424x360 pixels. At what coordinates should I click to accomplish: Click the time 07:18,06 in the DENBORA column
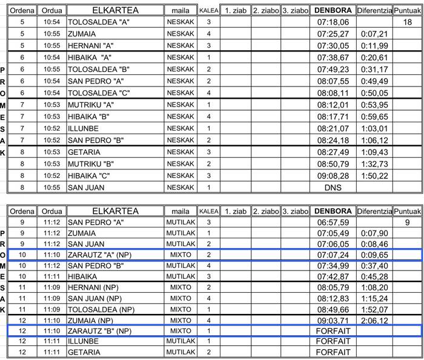click(x=333, y=22)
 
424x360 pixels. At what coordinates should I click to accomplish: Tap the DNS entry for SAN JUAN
click(x=333, y=188)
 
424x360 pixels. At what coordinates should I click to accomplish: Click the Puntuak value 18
click(x=407, y=22)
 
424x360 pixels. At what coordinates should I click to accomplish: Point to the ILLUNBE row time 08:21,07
click(x=333, y=128)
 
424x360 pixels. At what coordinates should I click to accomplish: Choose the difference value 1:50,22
click(x=374, y=175)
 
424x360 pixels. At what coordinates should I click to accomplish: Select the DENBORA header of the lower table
click(x=333, y=211)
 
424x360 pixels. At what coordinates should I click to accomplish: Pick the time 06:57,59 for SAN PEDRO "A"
click(x=333, y=222)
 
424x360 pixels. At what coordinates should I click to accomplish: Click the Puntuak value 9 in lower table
click(x=407, y=222)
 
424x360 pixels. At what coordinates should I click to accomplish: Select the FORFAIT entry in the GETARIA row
click(x=333, y=352)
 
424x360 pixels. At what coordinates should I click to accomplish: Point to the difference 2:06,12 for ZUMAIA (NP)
click(x=374, y=320)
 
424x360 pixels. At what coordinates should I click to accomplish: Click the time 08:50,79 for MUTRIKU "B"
click(x=333, y=164)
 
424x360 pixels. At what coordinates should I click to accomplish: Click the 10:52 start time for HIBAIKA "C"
click(x=51, y=175)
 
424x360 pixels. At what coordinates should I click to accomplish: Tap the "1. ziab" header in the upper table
click(x=234, y=10)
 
